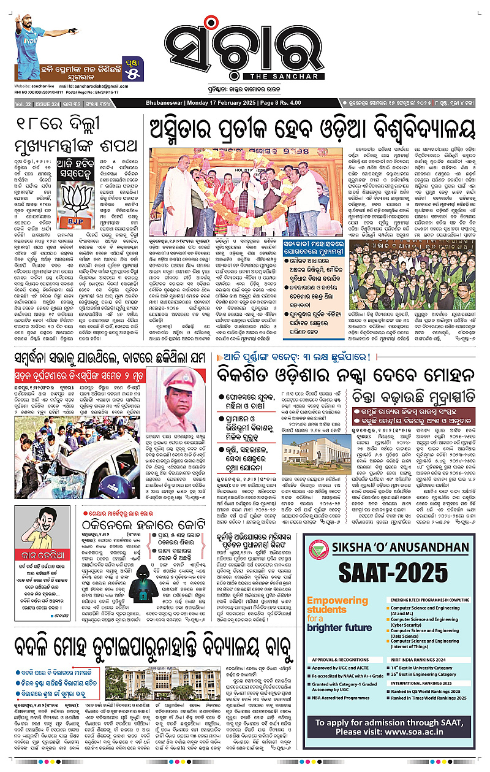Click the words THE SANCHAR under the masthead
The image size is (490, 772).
[282, 76]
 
